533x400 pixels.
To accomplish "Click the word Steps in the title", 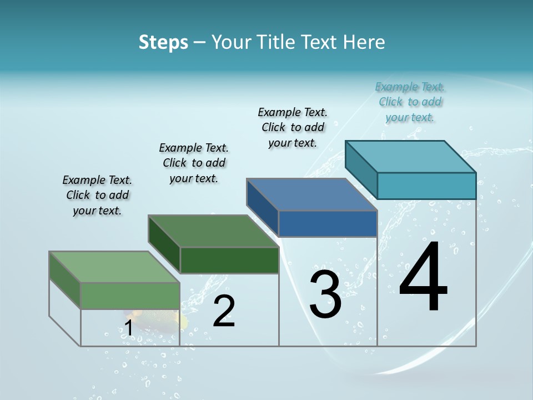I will [163, 42].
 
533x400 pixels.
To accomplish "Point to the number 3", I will [325, 294].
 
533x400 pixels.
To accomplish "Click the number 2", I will [224, 311].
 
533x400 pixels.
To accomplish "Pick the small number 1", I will [128, 328].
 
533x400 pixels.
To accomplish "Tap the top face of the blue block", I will [312, 194].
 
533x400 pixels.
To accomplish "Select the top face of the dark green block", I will [214, 231].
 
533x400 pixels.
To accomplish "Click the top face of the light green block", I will [114, 267].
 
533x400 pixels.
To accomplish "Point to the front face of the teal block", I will [426, 186].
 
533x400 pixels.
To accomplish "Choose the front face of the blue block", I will [328, 223].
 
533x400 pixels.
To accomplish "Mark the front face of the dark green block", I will [229, 260].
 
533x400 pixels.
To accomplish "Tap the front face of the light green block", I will [130, 296].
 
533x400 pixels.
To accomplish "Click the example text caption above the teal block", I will [410, 102].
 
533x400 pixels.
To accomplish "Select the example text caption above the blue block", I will [293, 127].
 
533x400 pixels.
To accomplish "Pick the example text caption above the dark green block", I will [194, 163].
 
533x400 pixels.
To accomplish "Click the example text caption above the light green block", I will [97, 195].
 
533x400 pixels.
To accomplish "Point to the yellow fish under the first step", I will [167, 318].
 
